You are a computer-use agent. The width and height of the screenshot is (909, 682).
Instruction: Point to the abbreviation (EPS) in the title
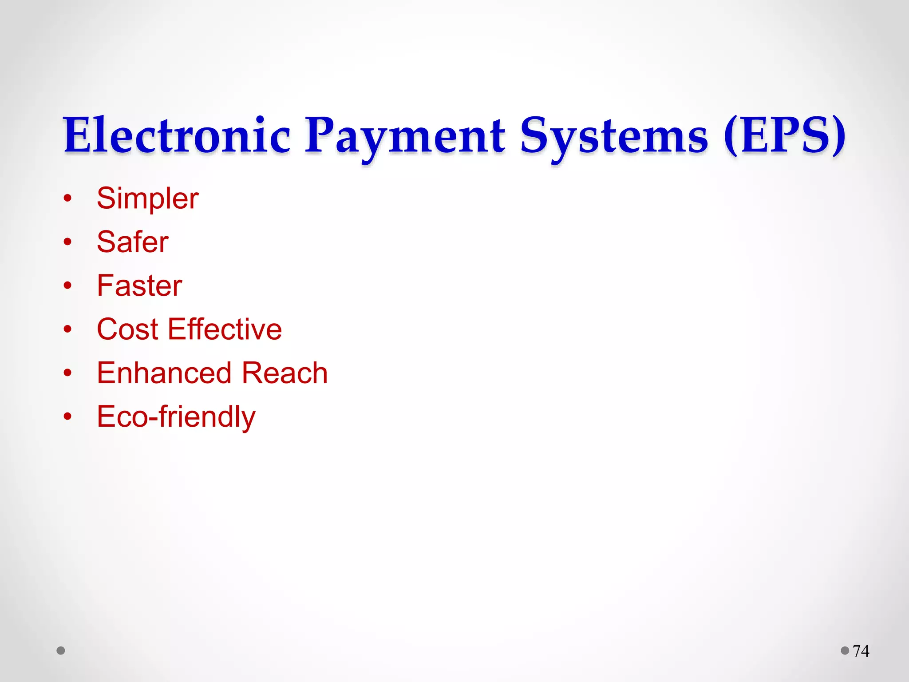click(784, 135)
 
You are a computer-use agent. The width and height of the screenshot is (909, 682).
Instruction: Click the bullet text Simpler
click(147, 198)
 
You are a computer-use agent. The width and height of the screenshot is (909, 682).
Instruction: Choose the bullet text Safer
click(133, 242)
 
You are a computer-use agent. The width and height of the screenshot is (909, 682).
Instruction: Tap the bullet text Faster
click(139, 285)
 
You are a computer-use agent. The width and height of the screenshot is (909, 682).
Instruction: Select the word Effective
click(225, 329)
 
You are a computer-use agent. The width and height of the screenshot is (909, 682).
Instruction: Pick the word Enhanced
click(164, 373)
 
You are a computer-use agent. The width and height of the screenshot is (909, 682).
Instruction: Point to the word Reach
click(285, 373)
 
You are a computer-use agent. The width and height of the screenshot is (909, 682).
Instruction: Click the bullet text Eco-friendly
click(176, 417)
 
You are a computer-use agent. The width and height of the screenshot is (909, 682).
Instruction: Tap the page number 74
click(861, 651)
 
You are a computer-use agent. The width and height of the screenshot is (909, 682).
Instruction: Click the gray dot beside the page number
click(845, 650)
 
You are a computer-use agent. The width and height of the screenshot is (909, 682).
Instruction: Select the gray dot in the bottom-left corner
click(61, 650)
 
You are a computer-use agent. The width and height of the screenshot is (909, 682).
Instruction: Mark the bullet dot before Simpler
click(67, 198)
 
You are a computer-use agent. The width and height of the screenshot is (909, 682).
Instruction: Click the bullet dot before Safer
click(67, 242)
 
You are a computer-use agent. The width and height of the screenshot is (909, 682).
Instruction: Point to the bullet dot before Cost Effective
click(67, 329)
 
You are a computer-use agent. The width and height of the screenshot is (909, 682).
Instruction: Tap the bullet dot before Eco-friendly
click(67, 417)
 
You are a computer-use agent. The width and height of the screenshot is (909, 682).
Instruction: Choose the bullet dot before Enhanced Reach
click(67, 373)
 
